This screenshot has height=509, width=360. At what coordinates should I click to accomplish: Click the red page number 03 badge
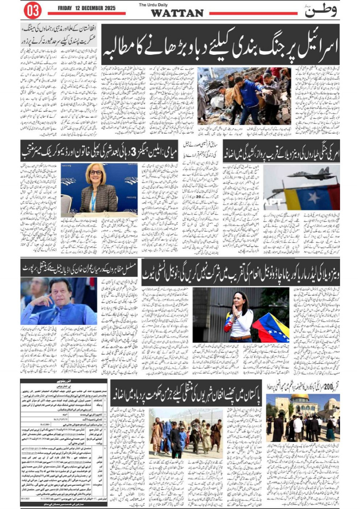tap(32, 11)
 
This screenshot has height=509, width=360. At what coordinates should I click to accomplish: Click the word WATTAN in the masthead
tap(177, 13)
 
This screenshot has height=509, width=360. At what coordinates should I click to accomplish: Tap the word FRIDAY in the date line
tap(68, 8)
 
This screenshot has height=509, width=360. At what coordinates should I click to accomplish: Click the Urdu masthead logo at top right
tap(321, 11)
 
